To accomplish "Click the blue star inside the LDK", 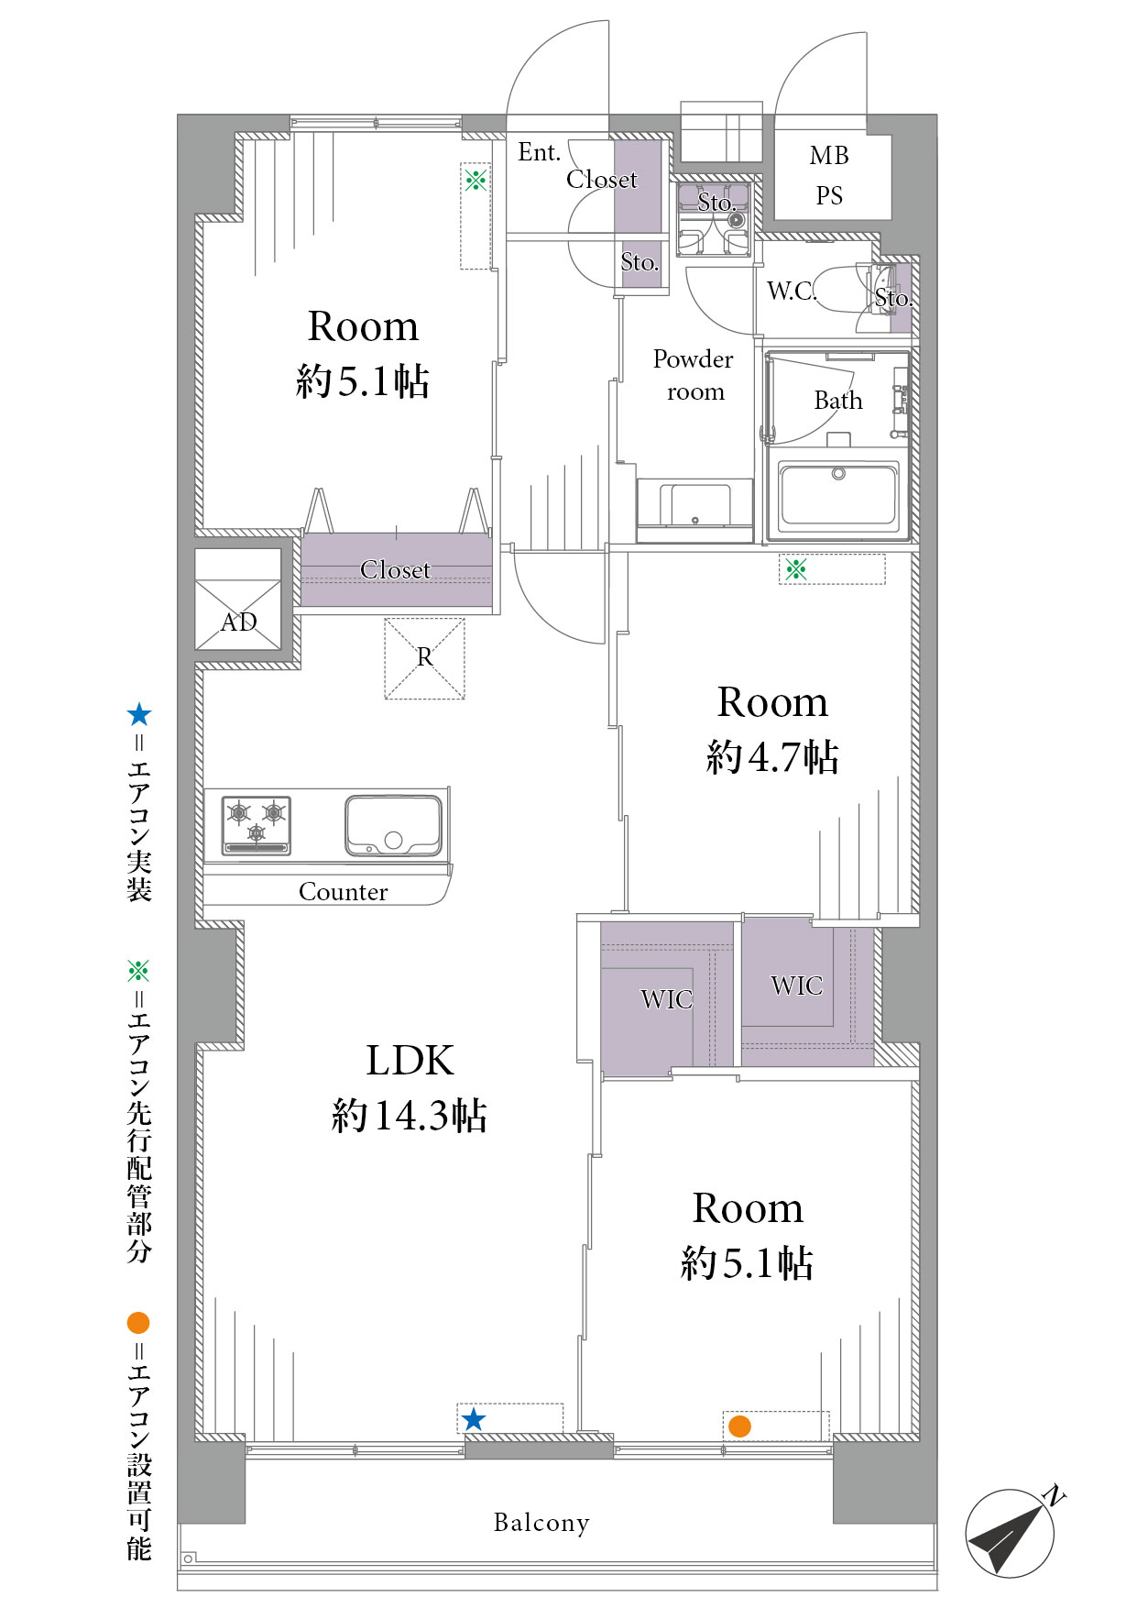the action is [473, 1420].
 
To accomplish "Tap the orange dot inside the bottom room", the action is [739, 1426].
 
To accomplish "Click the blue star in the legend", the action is [138, 714].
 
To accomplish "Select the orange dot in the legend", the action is [138, 1323].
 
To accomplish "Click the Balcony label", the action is [541, 1523].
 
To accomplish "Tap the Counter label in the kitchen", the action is [344, 892].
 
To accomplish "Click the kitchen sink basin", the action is [393, 826].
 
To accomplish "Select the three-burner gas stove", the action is [257, 825].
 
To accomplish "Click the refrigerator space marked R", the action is [425, 658].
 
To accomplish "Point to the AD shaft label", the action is [239, 622].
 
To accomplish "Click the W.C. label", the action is [792, 291].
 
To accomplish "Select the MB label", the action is [829, 156].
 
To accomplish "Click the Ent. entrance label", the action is [539, 152].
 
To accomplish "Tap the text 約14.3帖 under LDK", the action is [410, 1116].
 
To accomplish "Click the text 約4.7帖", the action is [772, 757].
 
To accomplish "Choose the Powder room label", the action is [694, 375].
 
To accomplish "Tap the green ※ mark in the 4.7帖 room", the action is [795, 569].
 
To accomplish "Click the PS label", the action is [829, 196].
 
